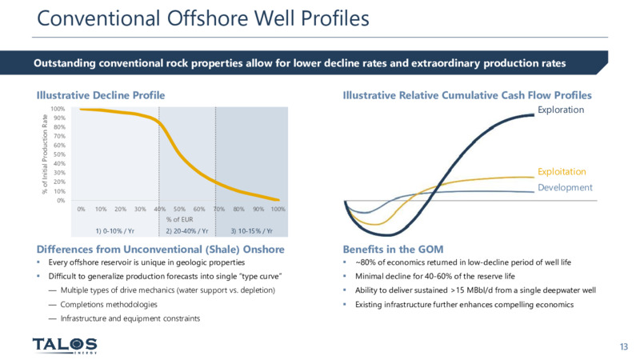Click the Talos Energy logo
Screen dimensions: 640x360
click(x=65, y=346)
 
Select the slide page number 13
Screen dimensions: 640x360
click(x=624, y=346)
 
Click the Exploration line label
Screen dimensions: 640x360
click(x=561, y=110)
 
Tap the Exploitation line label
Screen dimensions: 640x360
click(x=562, y=171)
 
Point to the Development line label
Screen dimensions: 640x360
click(x=565, y=187)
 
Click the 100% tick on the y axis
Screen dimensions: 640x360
click(x=58, y=109)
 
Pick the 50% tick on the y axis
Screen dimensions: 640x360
click(x=59, y=154)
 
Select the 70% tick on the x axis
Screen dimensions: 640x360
click(x=218, y=209)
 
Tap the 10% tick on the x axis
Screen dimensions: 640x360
click(x=101, y=209)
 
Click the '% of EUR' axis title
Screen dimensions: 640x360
click(x=179, y=219)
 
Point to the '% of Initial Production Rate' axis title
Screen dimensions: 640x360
click(x=45, y=154)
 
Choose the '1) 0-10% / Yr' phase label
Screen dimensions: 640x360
click(x=115, y=231)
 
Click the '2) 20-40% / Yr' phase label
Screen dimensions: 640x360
click(x=187, y=231)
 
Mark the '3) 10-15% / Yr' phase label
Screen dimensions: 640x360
click(x=252, y=231)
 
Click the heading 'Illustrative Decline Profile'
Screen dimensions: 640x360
click(x=101, y=95)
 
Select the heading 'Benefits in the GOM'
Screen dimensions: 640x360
click(x=393, y=249)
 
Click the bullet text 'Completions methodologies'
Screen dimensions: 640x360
click(x=109, y=305)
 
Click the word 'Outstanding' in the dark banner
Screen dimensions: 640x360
click(x=65, y=63)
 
